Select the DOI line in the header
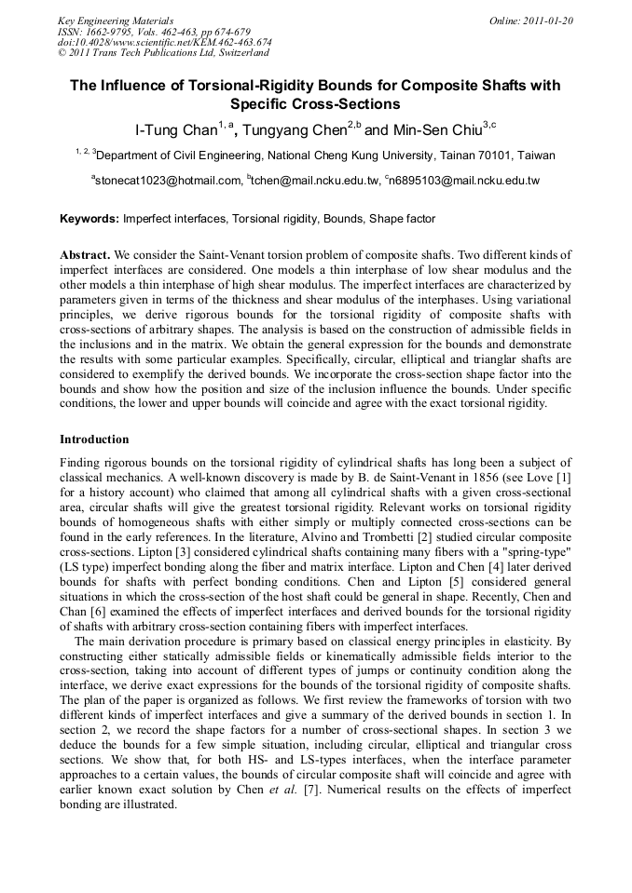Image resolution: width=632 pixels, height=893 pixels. [x=165, y=42]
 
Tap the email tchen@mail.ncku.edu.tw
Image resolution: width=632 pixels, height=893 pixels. [x=312, y=181]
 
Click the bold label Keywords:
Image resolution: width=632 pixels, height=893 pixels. [x=89, y=220]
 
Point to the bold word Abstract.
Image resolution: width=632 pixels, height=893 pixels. [x=86, y=254]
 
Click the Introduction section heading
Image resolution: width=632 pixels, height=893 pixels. [x=94, y=439]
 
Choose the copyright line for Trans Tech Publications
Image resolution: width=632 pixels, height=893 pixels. [x=163, y=53]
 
